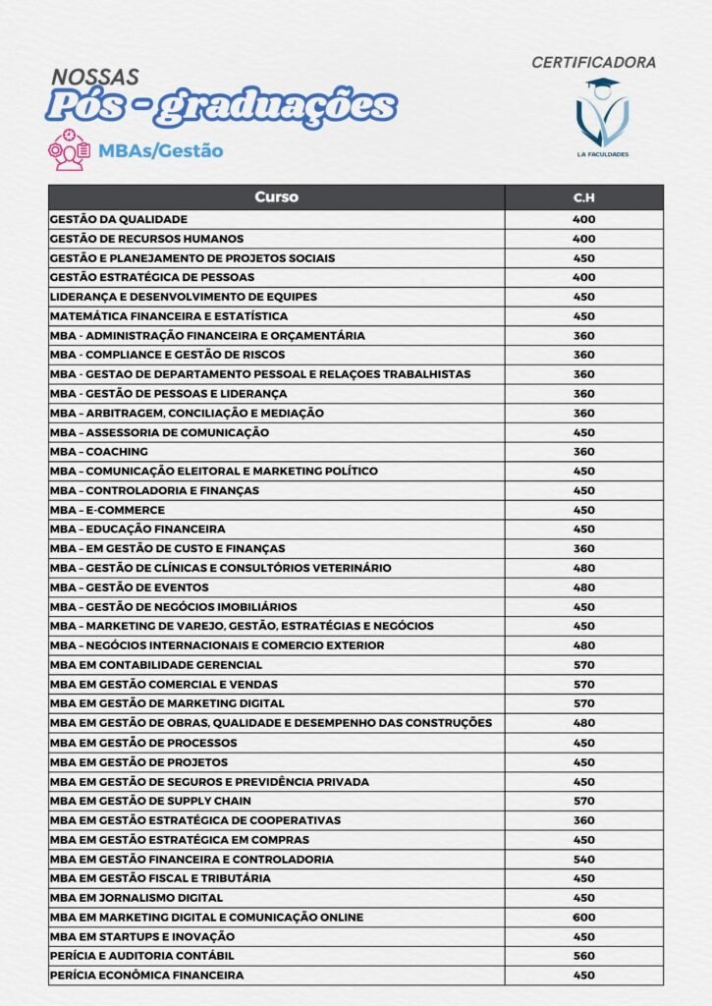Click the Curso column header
pos(276,197)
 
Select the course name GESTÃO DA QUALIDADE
pos(118,219)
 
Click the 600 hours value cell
pos(584,917)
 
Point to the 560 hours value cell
pos(584,956)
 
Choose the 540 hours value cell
pos(584,859)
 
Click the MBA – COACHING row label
pos(99,452)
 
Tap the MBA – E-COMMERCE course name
pos(107,510)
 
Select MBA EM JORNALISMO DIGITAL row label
pos(137,898)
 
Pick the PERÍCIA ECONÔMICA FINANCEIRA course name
pos(146,976)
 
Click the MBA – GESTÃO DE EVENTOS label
pos(129,587)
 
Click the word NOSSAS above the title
pos(94,76)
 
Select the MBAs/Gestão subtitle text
pos(160,151)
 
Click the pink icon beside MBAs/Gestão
pos(69,150)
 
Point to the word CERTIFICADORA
pos(593,63)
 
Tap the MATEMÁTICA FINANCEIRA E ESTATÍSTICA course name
pos(168,316)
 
